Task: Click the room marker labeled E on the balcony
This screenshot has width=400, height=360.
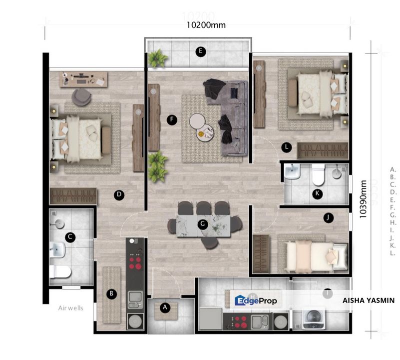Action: pos(200,51)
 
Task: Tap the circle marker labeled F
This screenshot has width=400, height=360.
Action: pos(172,120)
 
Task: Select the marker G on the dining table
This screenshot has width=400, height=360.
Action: pos(202,224)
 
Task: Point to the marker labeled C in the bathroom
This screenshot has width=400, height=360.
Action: pos(71,237)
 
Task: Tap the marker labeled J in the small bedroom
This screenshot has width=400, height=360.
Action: pos(328,217)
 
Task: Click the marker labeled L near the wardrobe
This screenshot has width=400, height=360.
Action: pos(286,147)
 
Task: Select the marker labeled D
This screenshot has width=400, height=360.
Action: pos(119,195)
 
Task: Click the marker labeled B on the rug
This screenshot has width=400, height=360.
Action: pos(112,294)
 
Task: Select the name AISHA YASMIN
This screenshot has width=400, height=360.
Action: pos(369,300)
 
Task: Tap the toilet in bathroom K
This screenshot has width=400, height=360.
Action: pos(318,174)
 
